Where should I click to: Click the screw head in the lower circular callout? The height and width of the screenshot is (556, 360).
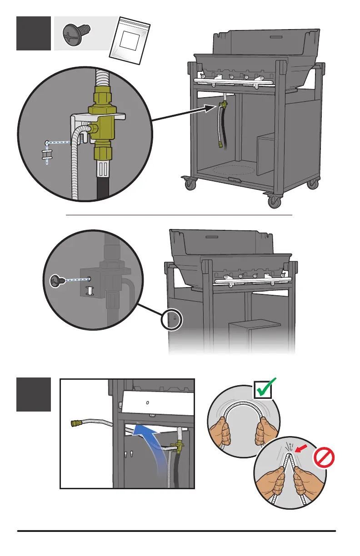pos(55,281)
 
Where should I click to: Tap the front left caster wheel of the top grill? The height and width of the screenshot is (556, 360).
pos(190,184)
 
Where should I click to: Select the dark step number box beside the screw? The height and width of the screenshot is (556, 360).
pos(34,33)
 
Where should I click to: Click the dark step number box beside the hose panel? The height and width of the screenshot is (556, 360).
pos(34,395)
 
